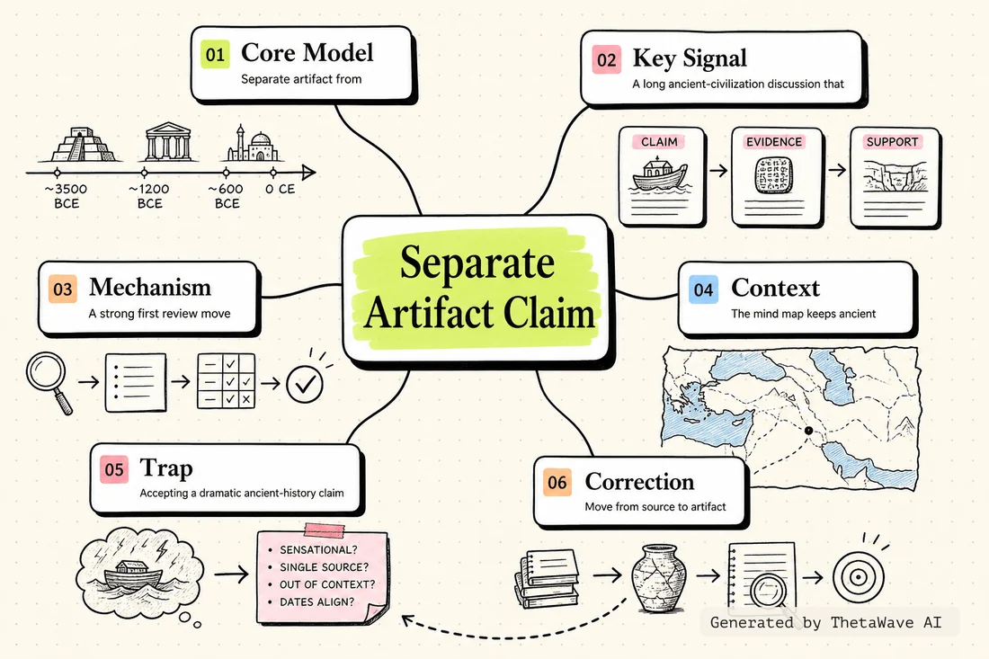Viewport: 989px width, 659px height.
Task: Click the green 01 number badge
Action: pos(215,54)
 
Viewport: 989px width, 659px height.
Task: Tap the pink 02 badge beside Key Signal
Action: pos(606,60)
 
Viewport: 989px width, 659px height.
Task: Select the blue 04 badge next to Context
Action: pos(703,290)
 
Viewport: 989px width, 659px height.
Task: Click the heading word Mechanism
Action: pos(150,287)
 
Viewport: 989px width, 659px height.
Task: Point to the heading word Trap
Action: pos(166,468)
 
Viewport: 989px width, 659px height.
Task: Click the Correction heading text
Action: pos(639,482)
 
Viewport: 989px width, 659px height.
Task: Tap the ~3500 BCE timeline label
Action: pos(67,196)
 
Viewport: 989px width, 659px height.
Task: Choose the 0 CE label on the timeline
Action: pos(280,189)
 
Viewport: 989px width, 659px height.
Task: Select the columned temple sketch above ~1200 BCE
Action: pos(167,142)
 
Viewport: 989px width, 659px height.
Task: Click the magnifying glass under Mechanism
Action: pos(49,382)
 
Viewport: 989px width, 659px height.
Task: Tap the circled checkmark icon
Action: pos(305,384)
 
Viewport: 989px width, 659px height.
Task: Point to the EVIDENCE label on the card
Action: pos(774,142)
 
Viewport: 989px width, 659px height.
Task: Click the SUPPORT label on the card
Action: pos(892,142)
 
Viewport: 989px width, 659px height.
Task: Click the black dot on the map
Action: pos(808,431)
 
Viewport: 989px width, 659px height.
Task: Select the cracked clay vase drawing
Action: pos(658,579)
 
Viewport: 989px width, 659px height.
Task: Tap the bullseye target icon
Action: pos(858,576)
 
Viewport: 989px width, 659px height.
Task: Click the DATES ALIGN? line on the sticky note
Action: pos(316,602)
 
